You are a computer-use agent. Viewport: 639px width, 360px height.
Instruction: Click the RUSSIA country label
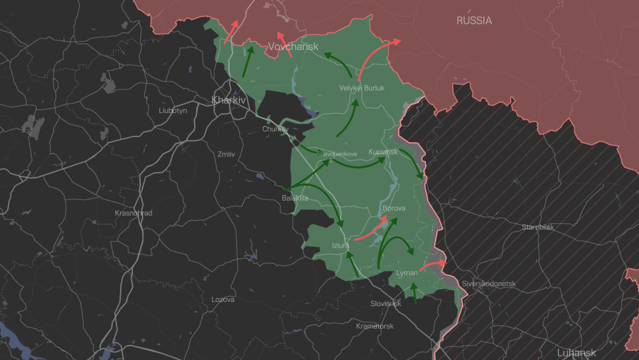click(474, 21)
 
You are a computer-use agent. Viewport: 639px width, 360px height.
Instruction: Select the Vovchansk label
click(293, 47)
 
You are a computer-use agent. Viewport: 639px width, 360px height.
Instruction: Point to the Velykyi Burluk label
click(362, 88)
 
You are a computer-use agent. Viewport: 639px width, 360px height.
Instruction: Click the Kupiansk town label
click(383, 152)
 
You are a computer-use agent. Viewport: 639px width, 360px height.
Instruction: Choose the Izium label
click(340, 245)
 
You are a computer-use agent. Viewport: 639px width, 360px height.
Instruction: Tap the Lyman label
click(407, 273)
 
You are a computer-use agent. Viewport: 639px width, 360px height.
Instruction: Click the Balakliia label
click(295, 198)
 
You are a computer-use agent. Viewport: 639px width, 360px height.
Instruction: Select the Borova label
click(394, 208)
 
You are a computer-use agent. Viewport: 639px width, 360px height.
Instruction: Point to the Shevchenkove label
click(337, 154)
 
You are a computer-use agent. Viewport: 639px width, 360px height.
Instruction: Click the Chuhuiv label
click(275, 129)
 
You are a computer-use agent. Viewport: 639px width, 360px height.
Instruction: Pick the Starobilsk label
click(538, 227)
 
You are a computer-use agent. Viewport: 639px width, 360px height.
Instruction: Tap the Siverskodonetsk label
click(489, 283)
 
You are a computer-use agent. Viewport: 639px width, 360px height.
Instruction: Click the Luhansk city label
click(576, 353)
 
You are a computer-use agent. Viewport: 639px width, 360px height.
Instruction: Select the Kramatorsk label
click(374, 326)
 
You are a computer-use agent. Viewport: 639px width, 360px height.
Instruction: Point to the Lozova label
click(223, 300)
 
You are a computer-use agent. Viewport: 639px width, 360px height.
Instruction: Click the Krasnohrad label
click(133, 213)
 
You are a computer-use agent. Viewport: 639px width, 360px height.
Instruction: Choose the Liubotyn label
click(173, 111)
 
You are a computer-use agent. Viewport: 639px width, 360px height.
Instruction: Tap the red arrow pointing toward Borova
click(371, 229)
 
